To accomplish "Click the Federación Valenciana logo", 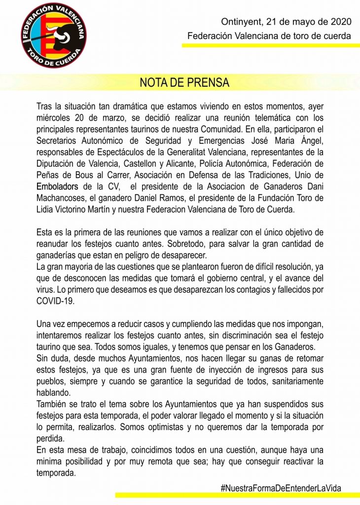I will [x=54, y=35].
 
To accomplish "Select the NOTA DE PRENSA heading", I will [x=184, y=82].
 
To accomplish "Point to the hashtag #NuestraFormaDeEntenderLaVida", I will [x=281, y=488].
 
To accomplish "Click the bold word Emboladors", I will [x=58, y=187].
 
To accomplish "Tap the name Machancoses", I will [x=63, y=198].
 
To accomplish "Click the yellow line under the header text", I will [x=271, y=45].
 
